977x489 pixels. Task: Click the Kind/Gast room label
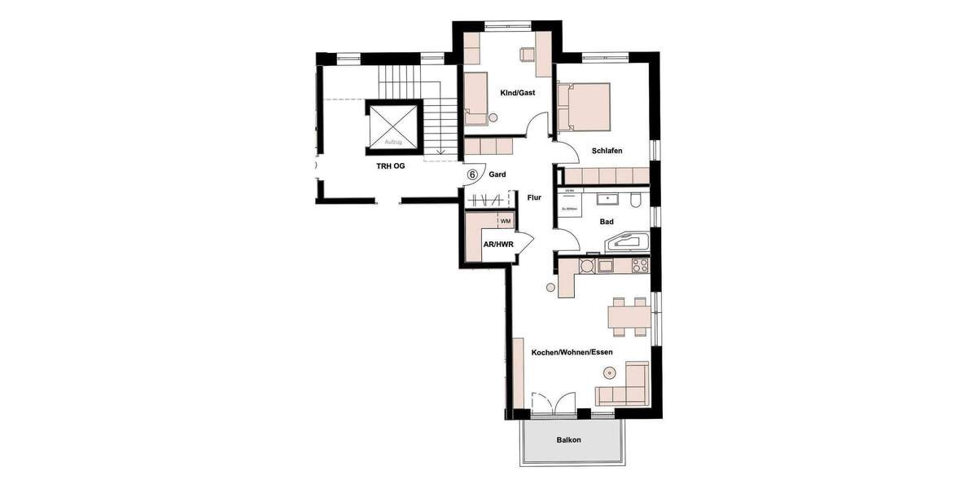coord(517,93)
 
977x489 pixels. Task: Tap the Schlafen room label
coord(607,150)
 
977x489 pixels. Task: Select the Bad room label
coord(606,221)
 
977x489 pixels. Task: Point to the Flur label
coord(534,197)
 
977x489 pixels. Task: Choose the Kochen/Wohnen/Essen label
coord(572,352)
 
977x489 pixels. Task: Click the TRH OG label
coord(390,165)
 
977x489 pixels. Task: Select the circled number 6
coord(472,174)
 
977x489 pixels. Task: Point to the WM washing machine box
coord(505,221)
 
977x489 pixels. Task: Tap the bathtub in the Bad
coord(626,242)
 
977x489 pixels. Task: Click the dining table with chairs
coord(630,316)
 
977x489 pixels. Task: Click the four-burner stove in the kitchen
coord(639,265)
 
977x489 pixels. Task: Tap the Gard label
coord(497,174)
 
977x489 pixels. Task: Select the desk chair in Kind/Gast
coord(526,53)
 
